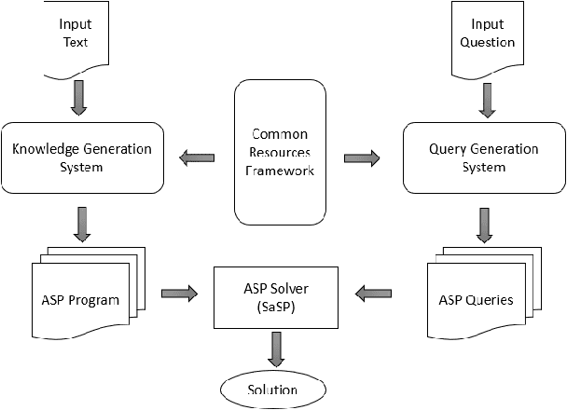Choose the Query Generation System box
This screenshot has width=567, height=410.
coord(483,157)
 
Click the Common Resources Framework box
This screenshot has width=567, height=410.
coord(280,154)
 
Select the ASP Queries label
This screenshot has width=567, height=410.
coord(476,300)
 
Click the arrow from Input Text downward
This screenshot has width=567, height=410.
coord(78,98)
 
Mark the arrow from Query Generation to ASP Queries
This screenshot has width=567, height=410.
coord(485,224)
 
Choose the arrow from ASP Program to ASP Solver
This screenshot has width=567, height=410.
coord(179,294)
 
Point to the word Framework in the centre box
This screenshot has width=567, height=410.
coord(279,171)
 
